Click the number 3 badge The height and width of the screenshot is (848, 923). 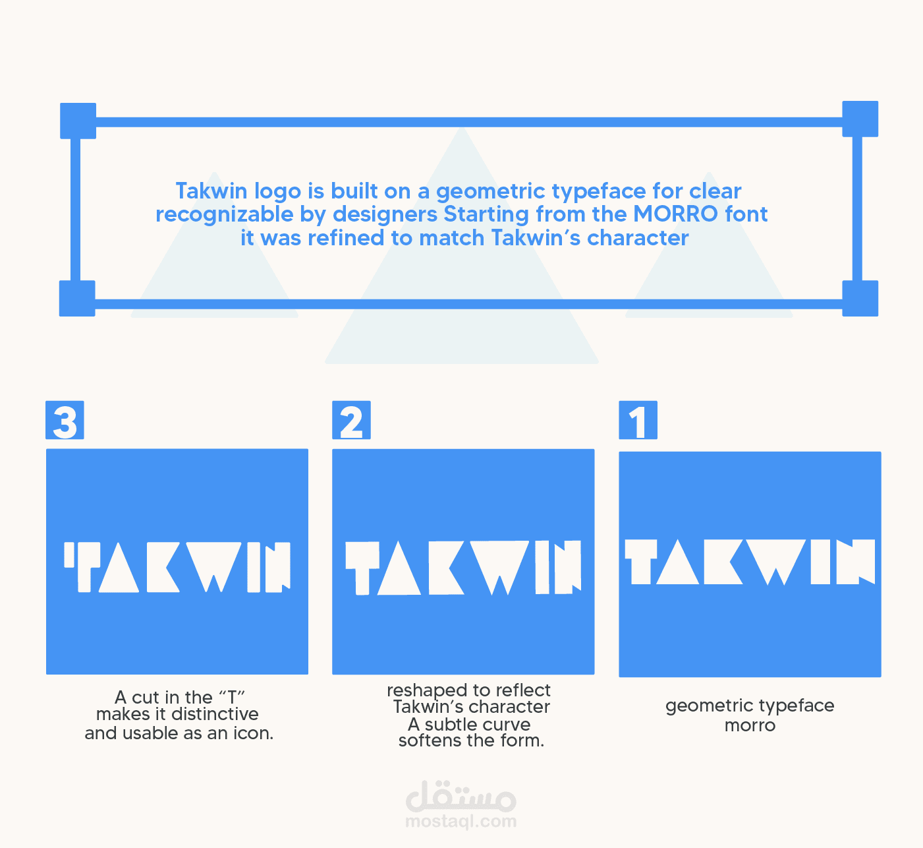[65, 420]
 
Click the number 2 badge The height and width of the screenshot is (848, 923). [352, 420]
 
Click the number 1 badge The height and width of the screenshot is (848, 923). [638, 420]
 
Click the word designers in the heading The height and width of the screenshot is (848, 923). [385, 215]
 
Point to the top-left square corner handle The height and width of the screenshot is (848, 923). [78, 121]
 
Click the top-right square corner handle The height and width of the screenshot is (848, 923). [860, 119]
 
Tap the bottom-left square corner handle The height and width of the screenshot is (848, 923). [77, 299]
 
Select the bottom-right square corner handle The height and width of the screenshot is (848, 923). [860, 299]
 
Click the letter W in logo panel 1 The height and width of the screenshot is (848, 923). [776, 562]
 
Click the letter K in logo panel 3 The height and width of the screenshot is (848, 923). [163, 567]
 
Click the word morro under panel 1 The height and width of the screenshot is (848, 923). [750, 726]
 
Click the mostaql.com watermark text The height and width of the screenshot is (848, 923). [461, 821]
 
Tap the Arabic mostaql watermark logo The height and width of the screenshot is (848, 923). [461, 797]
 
